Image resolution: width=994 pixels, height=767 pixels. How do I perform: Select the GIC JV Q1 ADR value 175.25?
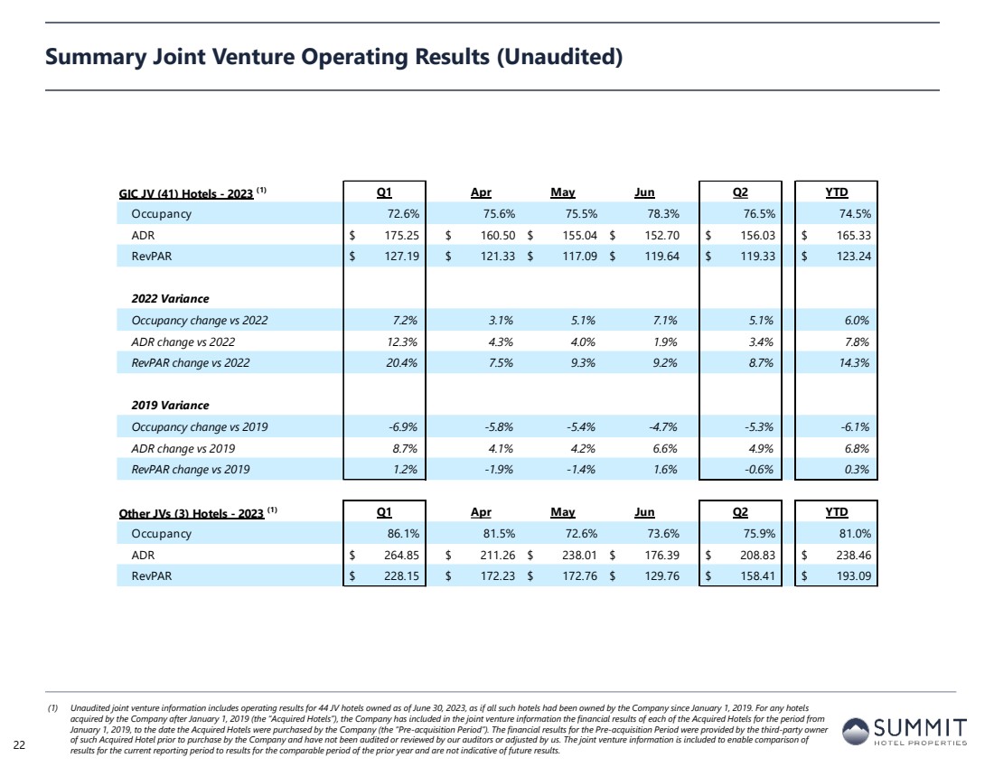402,235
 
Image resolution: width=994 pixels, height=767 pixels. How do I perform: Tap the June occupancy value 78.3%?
662,213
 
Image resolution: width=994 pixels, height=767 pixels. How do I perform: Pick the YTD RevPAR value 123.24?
854,256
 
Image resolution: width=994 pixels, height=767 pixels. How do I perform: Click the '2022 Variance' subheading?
170,298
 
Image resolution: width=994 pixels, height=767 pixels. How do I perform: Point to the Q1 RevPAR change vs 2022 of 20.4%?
402,362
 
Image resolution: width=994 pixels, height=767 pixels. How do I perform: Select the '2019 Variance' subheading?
170,405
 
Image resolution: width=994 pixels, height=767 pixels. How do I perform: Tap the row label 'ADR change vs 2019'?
183,448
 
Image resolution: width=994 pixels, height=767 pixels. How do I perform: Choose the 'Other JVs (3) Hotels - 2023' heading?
191,513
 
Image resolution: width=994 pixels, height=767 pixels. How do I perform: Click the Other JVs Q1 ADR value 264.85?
402,555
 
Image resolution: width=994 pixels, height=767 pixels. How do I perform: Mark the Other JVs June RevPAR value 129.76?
662,575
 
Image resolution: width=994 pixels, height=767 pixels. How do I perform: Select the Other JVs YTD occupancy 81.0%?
855,533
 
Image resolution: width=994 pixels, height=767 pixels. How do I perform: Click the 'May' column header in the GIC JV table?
562,192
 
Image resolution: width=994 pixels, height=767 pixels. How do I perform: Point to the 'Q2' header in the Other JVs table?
740,511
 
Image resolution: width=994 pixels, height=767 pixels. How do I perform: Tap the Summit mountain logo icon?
855,731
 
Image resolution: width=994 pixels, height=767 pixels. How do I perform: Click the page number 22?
19,744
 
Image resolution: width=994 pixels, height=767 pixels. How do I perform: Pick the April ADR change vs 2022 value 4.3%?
501,341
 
